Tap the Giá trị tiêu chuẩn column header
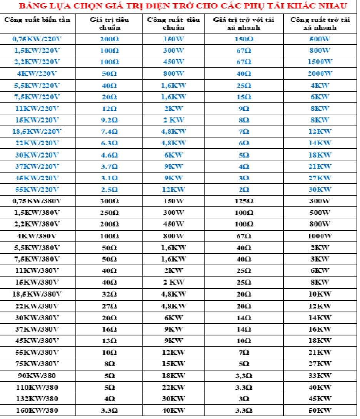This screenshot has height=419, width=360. tap(110, 23)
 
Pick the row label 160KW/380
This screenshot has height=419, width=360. tap(37, 410)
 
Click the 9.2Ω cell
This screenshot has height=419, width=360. tap(109, 120)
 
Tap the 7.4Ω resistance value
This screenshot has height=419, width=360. tap(109, 132)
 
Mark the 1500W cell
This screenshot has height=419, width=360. tap(320, 62)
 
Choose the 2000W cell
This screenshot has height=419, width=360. tap(320, 74)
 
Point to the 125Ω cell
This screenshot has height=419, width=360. tap(244, 201)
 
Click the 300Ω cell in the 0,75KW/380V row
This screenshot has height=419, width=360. tap(109, 201)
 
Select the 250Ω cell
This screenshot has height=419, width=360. tap(109, 213)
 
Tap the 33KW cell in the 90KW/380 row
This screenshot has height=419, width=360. tap(320, 375)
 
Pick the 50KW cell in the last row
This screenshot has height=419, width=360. tap(320, 410)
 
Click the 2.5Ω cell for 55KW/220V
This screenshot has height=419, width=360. tap(109, 189)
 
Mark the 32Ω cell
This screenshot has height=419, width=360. tap(109, 294)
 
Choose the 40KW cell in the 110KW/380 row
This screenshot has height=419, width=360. tap(320, 387)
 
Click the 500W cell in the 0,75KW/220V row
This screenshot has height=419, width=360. tap(320, 39)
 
